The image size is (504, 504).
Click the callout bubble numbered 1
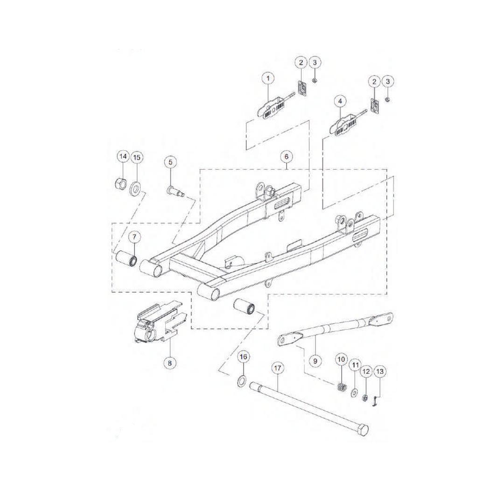[268, 78]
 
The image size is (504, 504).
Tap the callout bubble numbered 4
[340, 101]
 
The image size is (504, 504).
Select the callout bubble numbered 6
[287, 157]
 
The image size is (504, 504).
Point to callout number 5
[170, 162]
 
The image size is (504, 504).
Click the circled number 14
[123, 156]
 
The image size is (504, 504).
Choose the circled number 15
[137, 158]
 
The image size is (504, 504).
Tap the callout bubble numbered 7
[134, 237]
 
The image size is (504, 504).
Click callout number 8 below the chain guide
[170, 363]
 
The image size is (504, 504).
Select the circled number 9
[315, 361]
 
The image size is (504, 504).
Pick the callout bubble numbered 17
[278, 368]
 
